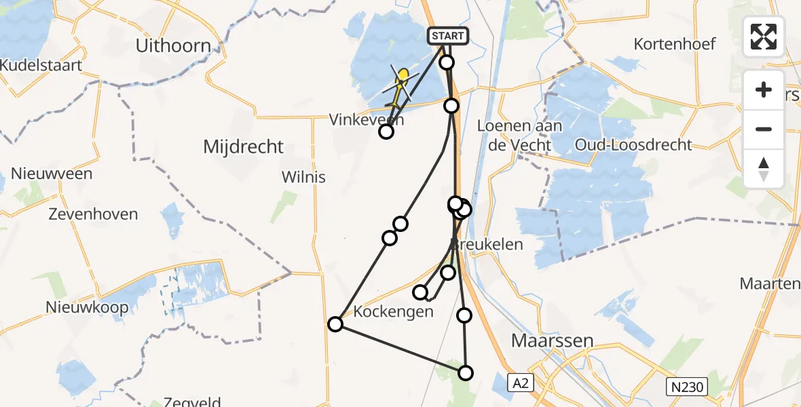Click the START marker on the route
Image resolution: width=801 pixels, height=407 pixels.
coord(447,36)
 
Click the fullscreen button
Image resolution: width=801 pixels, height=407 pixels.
coord(764,37)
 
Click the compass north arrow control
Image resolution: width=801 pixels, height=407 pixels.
coord(764,169)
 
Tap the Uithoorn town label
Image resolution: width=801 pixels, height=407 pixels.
coord(173,46)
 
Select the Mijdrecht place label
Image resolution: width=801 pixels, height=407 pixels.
coord(244,147)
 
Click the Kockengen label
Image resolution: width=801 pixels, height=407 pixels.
coord(394,312)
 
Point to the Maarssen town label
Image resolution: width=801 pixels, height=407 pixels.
coord(552,341)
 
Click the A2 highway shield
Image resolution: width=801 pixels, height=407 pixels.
coord(521,383)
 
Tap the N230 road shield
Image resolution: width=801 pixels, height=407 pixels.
coord(686,387)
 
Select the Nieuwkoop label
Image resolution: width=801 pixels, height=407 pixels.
coord(87,307)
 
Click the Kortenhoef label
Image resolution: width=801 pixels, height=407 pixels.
coord(675,44)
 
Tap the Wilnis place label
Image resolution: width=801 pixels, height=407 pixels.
coord(303,178)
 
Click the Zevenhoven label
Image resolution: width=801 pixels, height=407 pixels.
coord(93,214)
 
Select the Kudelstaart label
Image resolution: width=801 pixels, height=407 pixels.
coord(41,66)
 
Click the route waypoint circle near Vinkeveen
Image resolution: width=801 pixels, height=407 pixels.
coord(386,132)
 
